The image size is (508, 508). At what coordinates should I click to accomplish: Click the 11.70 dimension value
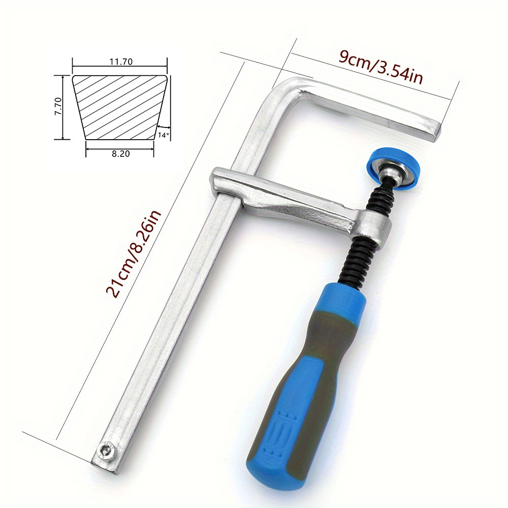pyautogui.click(x=120, y=62)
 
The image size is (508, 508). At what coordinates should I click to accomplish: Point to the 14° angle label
pyautogui.click(x=163, y=135)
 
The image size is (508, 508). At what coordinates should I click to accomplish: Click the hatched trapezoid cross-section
pyautogui.click(x=120, y=107)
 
